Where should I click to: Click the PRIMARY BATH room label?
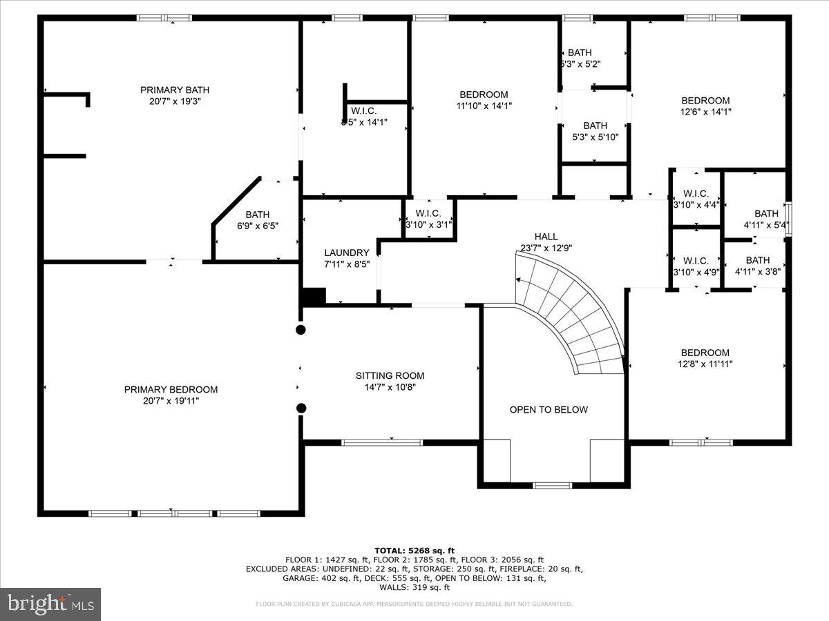175,90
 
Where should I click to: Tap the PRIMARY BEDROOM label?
171,389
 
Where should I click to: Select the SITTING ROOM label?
390,375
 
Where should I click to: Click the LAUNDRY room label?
346,253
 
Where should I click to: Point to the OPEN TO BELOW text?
549,409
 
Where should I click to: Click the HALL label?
546,237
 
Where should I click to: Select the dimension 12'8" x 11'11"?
705,364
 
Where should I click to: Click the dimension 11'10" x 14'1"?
484,106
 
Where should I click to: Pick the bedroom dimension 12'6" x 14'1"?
705,111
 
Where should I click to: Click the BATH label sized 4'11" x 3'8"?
757,260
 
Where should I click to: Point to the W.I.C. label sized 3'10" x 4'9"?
696,261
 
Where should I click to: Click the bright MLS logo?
50,604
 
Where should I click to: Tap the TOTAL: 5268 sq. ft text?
414,550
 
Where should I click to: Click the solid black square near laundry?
314,296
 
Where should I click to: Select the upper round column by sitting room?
301,330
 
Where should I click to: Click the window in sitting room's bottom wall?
382,442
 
